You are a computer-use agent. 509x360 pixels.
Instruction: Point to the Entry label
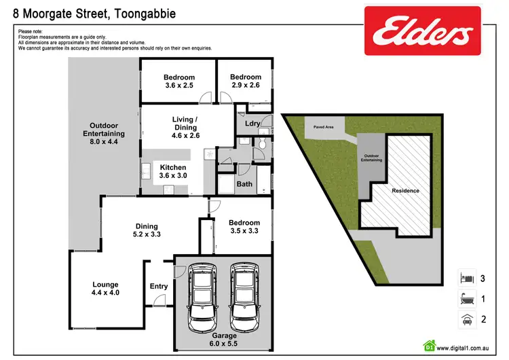click(158, 286)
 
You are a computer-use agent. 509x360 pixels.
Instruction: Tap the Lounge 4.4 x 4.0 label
click(105, 289)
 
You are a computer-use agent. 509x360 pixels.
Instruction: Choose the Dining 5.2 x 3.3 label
click(147, 230)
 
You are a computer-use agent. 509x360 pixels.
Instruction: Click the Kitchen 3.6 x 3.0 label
click(173, 171)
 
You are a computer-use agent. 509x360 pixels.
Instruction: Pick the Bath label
click(244, 184)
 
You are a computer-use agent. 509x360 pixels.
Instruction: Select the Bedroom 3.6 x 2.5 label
click(178, 82)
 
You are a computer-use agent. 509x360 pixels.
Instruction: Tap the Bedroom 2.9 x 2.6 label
click(245, 82)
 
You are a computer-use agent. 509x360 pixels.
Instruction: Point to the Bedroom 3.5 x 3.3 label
click(244, 227)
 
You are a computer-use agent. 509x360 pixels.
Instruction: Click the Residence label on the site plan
click(406, 191)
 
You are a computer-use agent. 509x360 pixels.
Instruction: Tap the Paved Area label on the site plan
click(322, 126)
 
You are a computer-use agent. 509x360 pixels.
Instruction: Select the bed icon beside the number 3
click(466, 278)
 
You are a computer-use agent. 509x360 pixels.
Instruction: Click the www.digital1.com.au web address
click(469, 345)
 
